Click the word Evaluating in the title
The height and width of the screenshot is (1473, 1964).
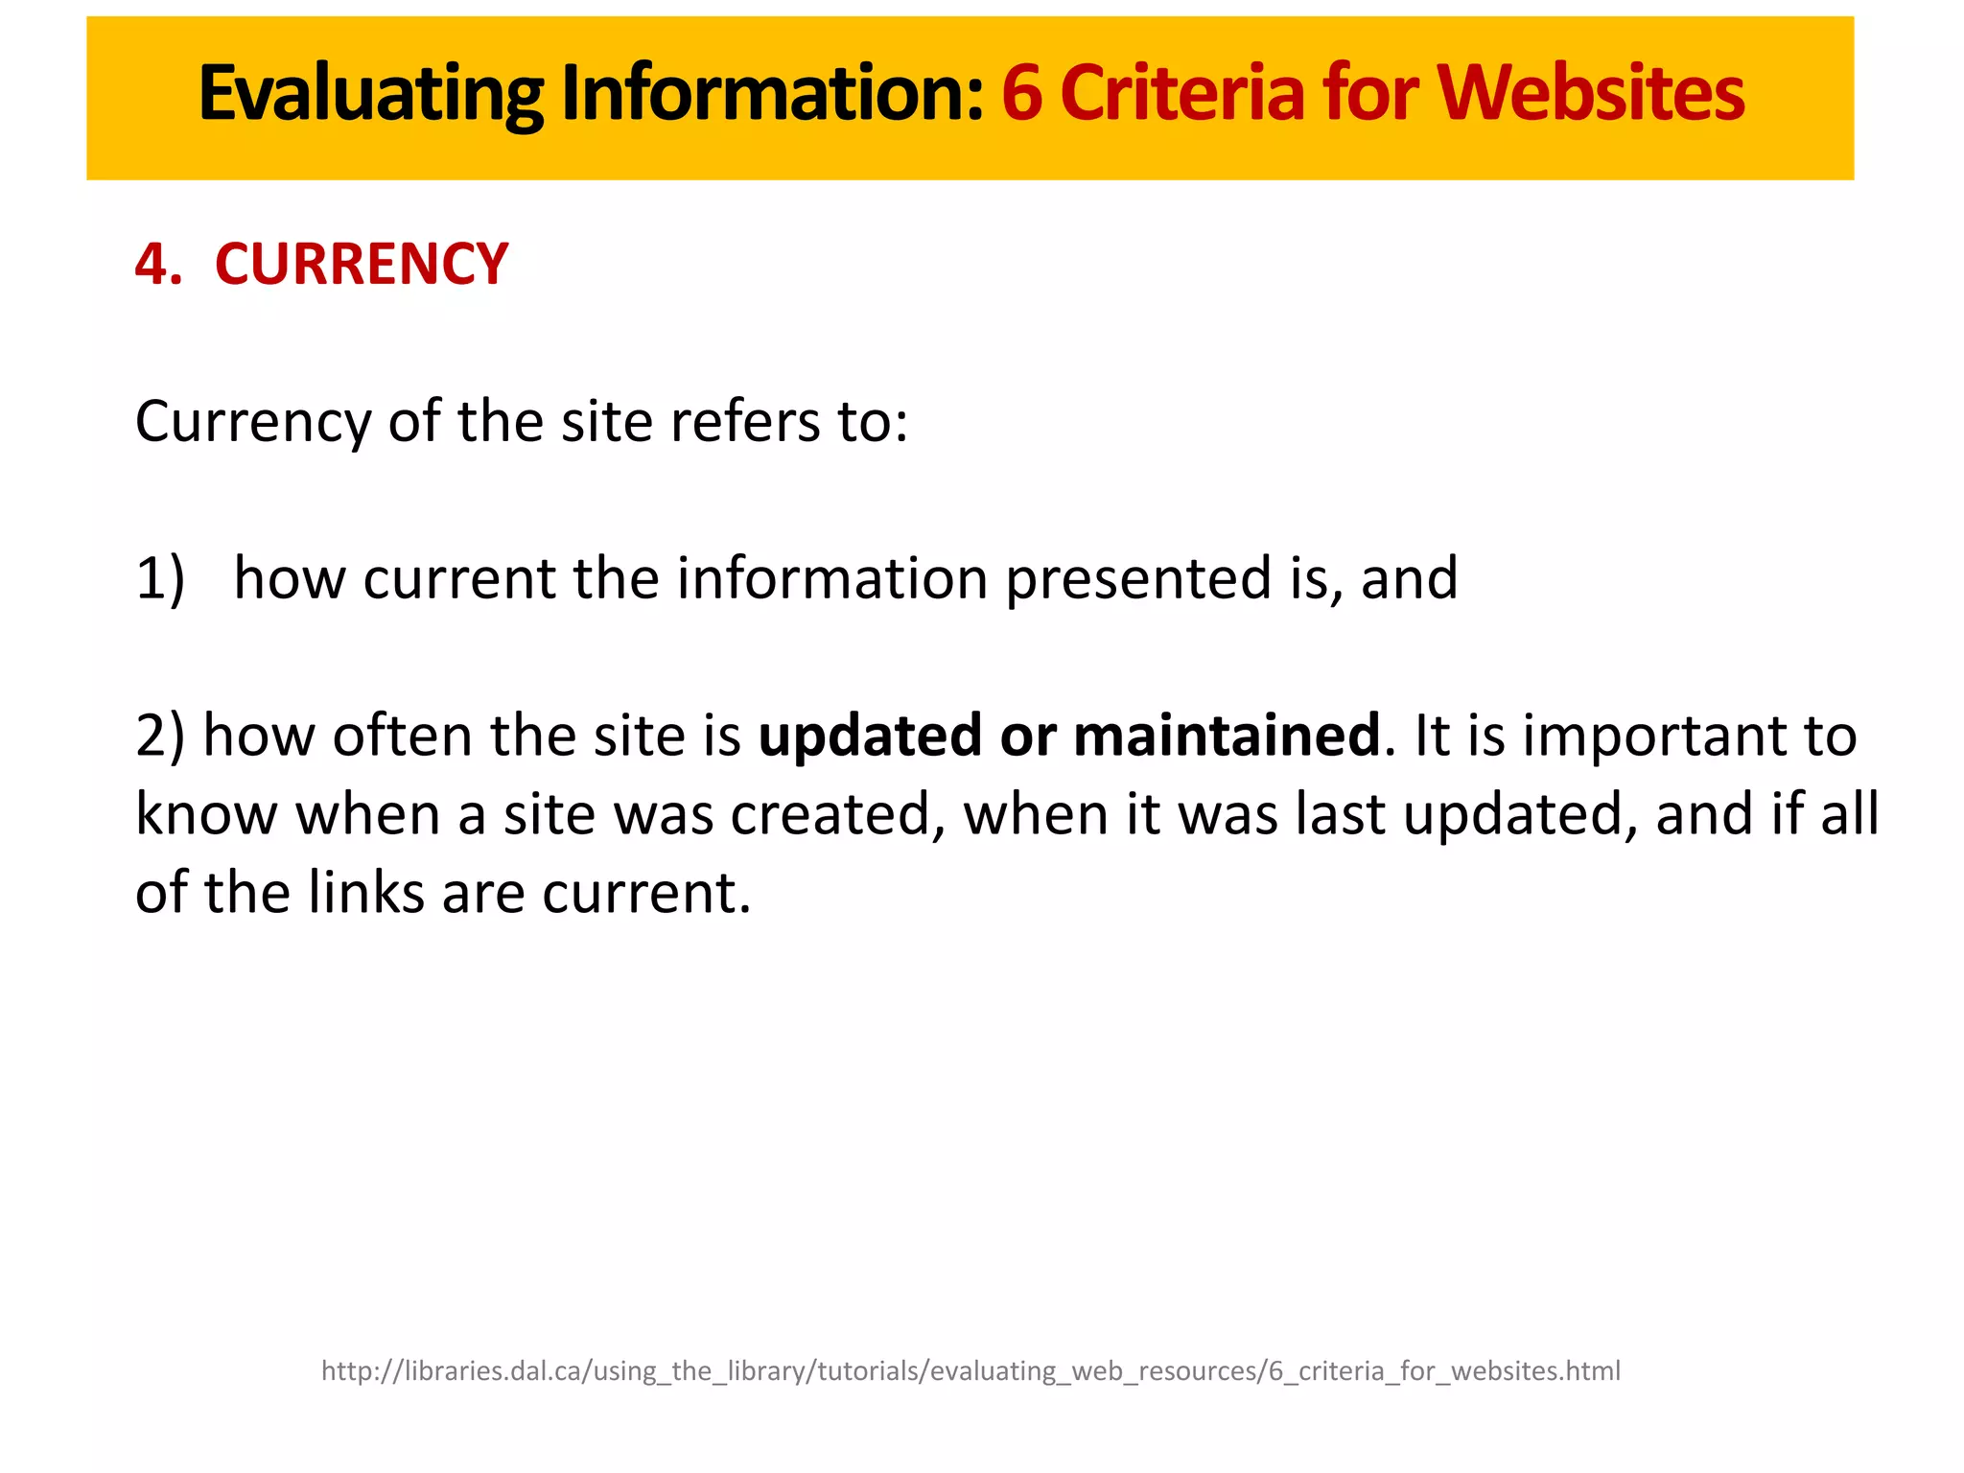[371, 94]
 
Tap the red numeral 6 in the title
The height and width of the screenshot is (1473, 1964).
[1022, 94]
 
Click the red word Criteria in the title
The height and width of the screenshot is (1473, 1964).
[1181, 94]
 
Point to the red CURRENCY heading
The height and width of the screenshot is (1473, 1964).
[362, 265]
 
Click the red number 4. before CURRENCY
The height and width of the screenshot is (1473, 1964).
[158, 265]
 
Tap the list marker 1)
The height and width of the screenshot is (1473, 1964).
[160, 579]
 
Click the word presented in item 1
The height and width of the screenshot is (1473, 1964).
[1139, 579]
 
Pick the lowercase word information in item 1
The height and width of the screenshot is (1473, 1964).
[832, 579]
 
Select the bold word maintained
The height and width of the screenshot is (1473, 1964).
[1227, 736]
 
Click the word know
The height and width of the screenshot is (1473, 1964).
[206, 815]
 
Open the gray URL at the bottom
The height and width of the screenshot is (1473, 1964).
[970, 1371]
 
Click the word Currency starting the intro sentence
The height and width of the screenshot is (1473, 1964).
[253, 422]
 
